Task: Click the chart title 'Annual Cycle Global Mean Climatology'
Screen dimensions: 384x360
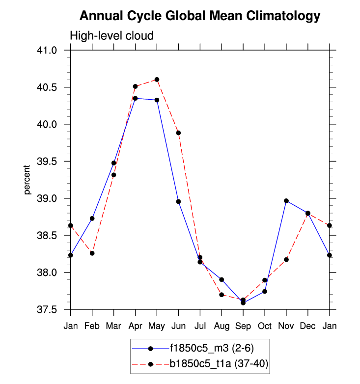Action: [x=199, y=16]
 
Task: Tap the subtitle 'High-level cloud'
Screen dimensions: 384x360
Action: [x=112, y=36]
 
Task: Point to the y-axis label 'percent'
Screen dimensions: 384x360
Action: [x=28, y=180]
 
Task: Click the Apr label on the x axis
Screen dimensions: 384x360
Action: [x=135, y=326]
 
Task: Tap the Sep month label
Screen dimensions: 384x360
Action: [x=243, y=326]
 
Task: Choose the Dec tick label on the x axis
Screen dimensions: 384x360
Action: [x=308, y=326]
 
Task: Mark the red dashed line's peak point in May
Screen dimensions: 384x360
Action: [x=157, y=80]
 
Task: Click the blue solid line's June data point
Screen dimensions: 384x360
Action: [x=178, y=202]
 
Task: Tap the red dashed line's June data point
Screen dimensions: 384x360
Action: [x=178, y=133]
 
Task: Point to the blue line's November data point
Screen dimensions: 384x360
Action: [x=286, y=201]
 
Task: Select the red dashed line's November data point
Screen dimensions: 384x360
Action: [x=286, y=259]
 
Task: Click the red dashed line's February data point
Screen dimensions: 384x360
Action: [x=92, y=253]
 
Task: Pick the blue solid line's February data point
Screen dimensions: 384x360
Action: [x=92, y=219]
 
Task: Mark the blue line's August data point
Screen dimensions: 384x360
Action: [x=222, y=280]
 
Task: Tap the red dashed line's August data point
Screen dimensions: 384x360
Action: [x=222, y=295]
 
